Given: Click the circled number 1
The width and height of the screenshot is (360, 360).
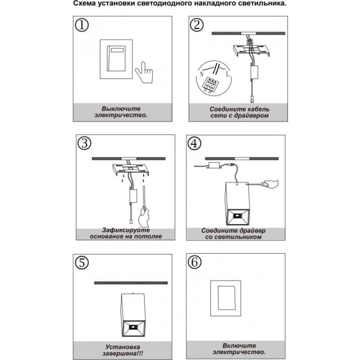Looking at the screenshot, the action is [x=82, y=25].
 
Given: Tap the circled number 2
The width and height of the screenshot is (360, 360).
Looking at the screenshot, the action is [x=197, y=25].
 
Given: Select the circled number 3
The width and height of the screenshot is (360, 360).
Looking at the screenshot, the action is [x=84, y=143].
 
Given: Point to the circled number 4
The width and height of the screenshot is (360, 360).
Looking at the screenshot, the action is [x=194, y=143].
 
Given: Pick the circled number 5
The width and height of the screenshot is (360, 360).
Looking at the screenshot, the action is [x=82, y=263].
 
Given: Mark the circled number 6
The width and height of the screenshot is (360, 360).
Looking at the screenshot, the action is [x=194, y=262].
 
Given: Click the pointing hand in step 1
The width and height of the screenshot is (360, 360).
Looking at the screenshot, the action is [x=144, y=73].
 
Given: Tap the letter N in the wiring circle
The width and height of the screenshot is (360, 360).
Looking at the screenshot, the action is [x=202, y=74].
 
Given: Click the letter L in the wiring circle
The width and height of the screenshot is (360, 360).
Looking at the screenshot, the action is [x=228, y=74].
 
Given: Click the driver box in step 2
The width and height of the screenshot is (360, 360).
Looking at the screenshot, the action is [x=254, y=73].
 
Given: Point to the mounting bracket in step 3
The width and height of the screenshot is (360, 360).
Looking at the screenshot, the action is [x=130, y=169].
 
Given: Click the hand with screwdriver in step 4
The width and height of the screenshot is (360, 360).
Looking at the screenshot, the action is [x=271, y=184].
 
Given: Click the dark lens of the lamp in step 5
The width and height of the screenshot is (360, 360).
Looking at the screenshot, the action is [x=132, y=327].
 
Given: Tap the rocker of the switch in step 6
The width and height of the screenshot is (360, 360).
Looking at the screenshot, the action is [x=226, y=298].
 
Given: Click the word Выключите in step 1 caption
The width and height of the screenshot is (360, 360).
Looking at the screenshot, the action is [x=121, y=109].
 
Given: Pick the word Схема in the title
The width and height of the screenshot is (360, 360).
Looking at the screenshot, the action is [x=84, y=4].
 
